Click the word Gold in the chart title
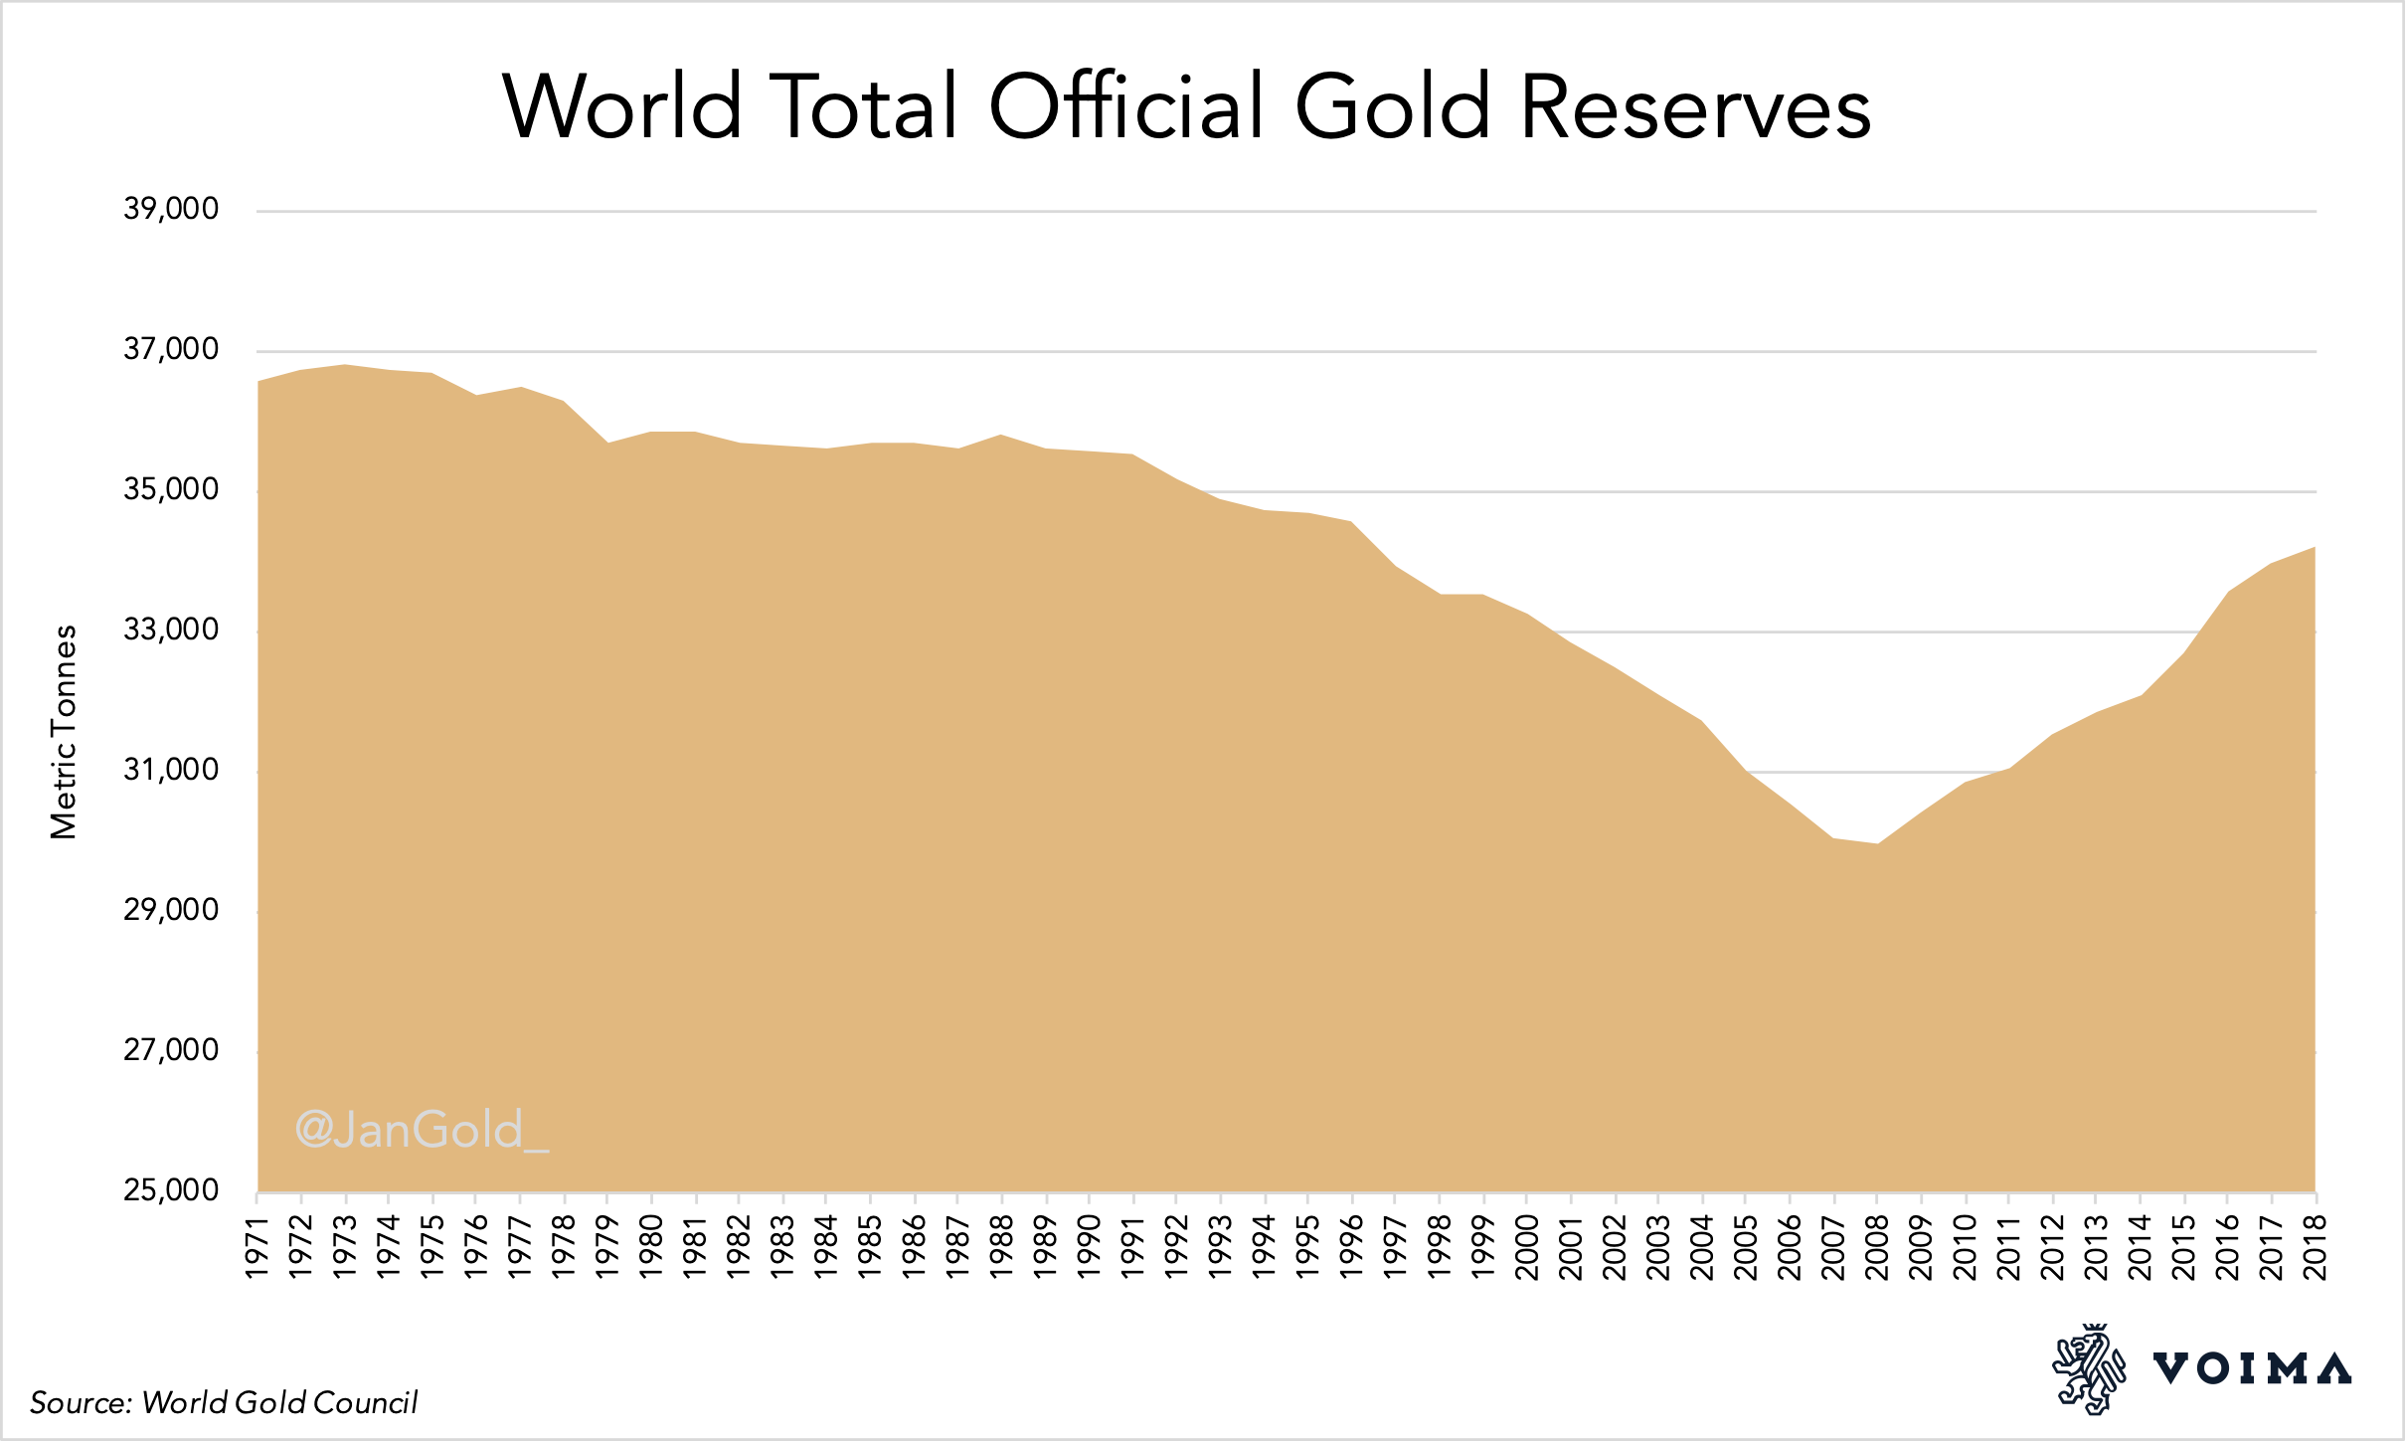[1392, 106]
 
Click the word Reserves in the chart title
[1695, 106]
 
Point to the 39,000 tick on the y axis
[171, 209]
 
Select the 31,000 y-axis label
[171, 770]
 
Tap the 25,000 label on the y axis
[171, 1190]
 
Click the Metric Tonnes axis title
[64, 732]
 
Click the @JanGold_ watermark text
[422, 1130]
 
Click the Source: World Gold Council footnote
[224, 1402]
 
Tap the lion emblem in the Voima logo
[2088, 1369]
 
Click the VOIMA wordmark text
[2252, 1369]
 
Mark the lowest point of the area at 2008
[1877, 844]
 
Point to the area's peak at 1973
[345, 365]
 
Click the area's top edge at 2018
[2314, 548]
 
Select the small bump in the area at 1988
[1001, 436]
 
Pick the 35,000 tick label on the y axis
[171, 489]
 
